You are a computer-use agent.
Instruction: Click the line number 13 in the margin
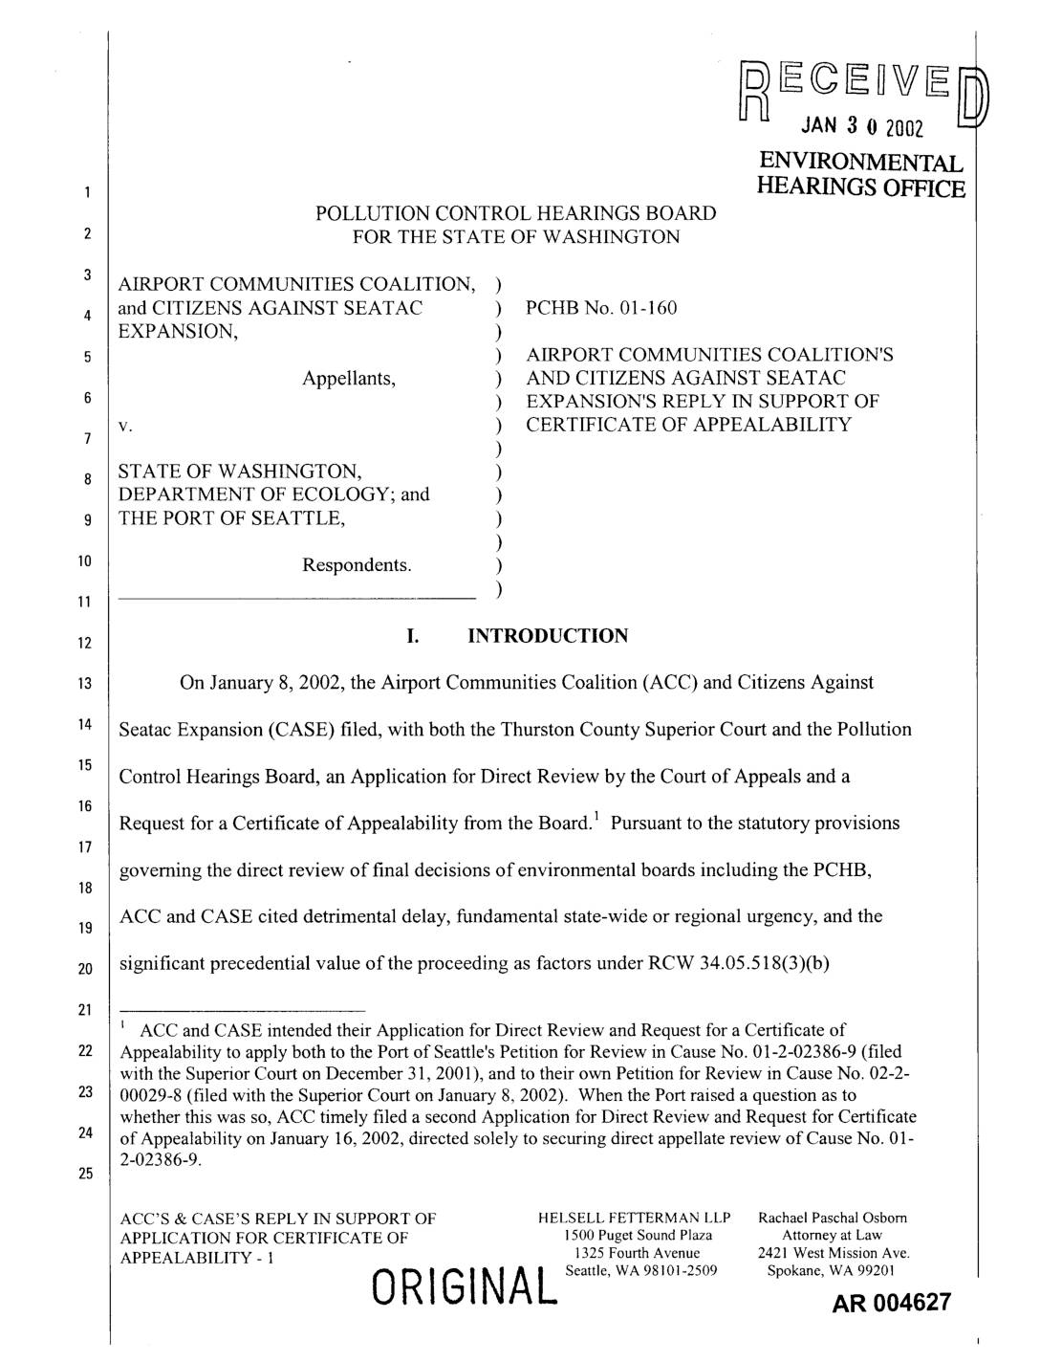coord(83,684)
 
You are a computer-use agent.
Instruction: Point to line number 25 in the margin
coord(83,1175)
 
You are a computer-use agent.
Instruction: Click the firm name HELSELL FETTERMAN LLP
coord(635,1219)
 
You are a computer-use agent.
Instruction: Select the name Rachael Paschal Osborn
coord(832,1219)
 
